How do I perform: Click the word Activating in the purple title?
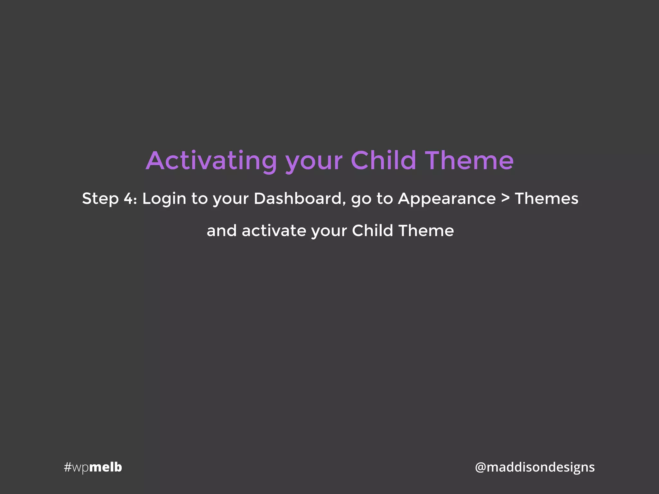click(211, 160)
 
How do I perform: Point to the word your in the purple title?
click(314, 162)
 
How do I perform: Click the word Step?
click(100, 199)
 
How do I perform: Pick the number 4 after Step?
click(129, 199)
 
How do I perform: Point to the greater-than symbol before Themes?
click(506, 198)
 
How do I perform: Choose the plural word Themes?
click(546, 198)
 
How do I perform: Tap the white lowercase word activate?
click(274, 231)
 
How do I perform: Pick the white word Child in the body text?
click(372, 231)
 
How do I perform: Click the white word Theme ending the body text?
click(426, 231)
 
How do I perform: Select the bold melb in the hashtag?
click(106, 467)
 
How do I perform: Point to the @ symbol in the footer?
click(480, 467)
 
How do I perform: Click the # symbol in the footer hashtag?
click(67, 467)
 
